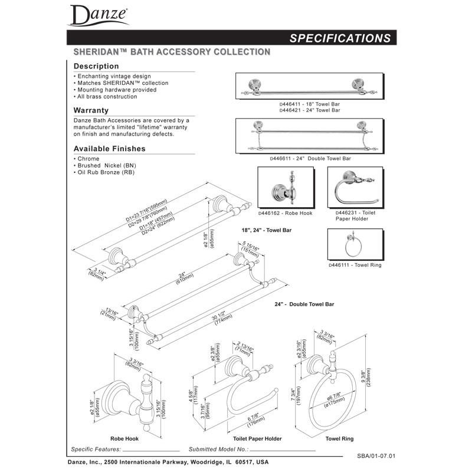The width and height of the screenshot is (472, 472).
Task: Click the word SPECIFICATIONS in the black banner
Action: pyautogui.click(x=340, y=38)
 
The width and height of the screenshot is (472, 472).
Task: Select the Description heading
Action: pyautogui.click(x=96, y=66)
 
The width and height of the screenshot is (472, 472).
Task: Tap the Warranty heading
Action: pyautogui.click(x=91, y=110)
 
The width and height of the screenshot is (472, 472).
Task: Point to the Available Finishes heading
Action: pyautogui.click(x=109, y=149)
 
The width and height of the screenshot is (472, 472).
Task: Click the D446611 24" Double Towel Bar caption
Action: pyautogui.click(x=310, y=159)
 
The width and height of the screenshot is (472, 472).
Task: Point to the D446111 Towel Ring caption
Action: pyautogui.click(x=355, y=265)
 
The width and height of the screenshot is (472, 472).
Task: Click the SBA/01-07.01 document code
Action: pyautogui.click(x=376, y=456)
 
